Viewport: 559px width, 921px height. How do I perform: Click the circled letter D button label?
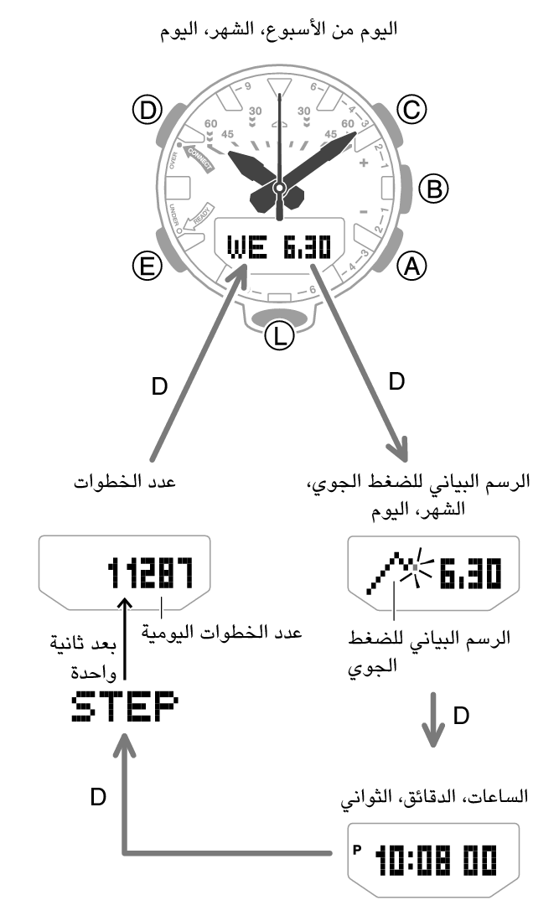point(147,111)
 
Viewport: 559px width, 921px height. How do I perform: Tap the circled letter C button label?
point(411,111)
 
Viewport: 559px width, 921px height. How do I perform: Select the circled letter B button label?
point(433,189)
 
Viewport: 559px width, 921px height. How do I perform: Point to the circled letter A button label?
point(411,266)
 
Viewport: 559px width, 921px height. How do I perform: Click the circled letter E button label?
point(147,266)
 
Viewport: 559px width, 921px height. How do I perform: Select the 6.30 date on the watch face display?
point(307,246)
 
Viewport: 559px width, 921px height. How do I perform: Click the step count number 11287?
point(150,573)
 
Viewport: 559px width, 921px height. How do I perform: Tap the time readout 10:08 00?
point(436,860)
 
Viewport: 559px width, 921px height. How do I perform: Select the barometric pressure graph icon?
point(398,572)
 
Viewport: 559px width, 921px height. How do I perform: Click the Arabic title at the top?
point(279,28)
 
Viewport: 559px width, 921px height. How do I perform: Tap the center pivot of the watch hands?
point(280,188)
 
